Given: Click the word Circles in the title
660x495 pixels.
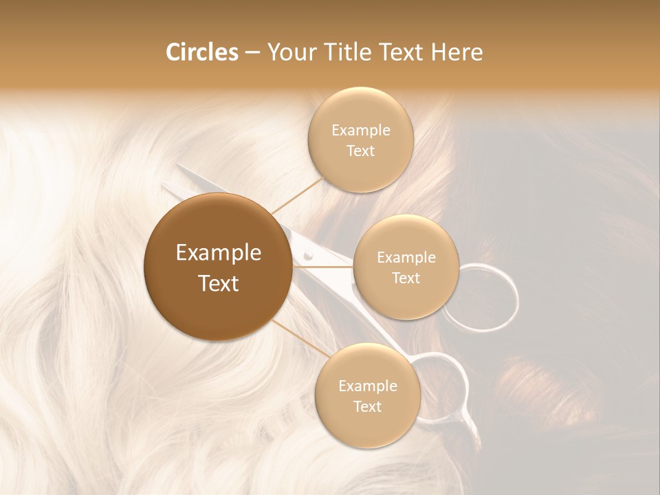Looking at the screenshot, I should coord(202,52).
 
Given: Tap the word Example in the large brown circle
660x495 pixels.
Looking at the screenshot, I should coord(218,253).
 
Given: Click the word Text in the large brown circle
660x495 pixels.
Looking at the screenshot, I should coord(218,283).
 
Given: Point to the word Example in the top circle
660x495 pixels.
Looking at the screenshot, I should coord(360,131).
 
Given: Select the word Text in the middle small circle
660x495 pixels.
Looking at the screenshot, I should coord(406,278).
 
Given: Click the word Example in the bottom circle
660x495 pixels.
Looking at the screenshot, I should coord(367,386).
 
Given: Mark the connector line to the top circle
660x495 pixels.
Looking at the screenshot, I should coord(297,195).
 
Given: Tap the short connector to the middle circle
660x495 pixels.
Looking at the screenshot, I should coord(323,267).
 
